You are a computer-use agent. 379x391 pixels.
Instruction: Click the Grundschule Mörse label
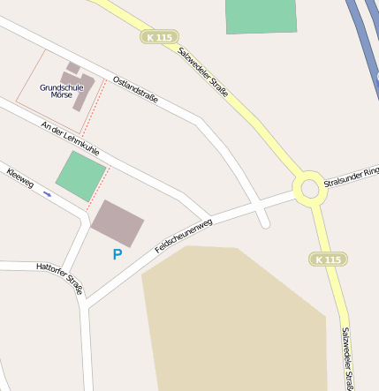[62, 90]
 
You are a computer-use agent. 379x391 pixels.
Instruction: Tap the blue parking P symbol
[117, 254]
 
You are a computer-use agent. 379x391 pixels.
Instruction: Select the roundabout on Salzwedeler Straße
[309, 188]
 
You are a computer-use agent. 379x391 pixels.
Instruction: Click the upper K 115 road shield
[159, 37]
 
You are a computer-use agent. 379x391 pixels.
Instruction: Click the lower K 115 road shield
[327, 259]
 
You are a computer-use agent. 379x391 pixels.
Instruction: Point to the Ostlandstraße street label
[136, 89]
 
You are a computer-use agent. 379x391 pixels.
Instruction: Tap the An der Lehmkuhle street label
[70, 139]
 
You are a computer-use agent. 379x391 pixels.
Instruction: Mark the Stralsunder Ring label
[351, 177]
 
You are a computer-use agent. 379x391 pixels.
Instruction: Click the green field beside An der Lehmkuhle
[80, 176]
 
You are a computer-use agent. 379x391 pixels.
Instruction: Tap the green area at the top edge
[261, 16]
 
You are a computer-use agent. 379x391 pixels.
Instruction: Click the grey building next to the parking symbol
[117, 223]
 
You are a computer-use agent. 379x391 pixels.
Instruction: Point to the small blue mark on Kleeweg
[47, 193]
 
